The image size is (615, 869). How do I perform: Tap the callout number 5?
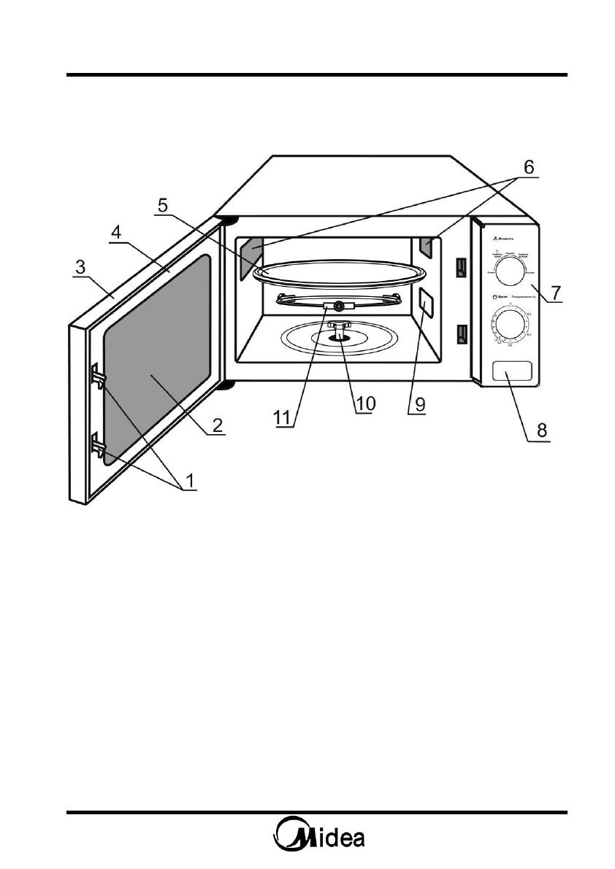pyautogui.click(x=165, y=205)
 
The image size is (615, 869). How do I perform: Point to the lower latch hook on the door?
pyautogui.click(x=98, y=445)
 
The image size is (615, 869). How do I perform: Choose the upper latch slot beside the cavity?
pyautogui.click(x=460, y=269)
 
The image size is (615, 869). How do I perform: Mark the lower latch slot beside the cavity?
pyautogui.click(x=460, y=334)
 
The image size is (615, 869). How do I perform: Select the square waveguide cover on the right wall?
pyautogui.click(x=425, y=301)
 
